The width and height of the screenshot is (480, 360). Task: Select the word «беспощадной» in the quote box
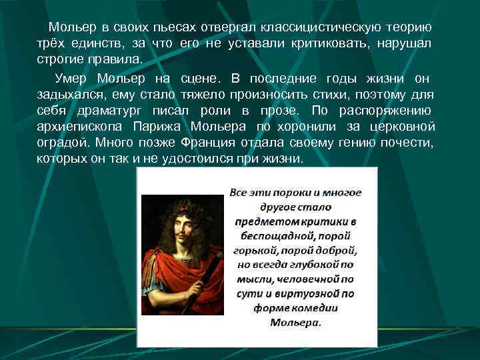coord(295,236)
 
